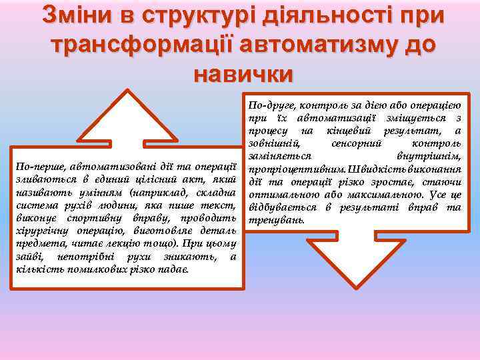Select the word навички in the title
point(243,73)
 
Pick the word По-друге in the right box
point(270,105)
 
